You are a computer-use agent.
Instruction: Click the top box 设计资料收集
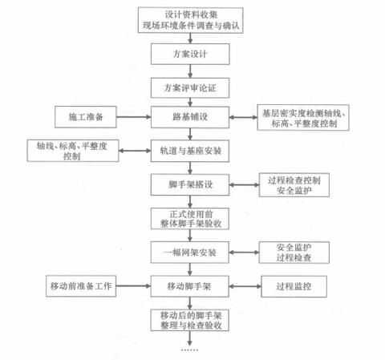pyautogui.click(x=192, y=19)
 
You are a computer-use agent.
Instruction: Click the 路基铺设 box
pyautogui.click(x=192, y=116)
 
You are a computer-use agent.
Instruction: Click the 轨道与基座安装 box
pyautogui.click(x=192, y=150)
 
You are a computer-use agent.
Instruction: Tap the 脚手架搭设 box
pyautogui.click(x=192, y=184)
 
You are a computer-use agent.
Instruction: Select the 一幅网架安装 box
pyautogui.click(x=192, y=250)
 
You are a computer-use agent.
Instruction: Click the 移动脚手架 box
pyautogui.click(x=192, y=284)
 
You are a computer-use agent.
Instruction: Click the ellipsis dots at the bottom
pyautogui.click(x=192, y=351)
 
